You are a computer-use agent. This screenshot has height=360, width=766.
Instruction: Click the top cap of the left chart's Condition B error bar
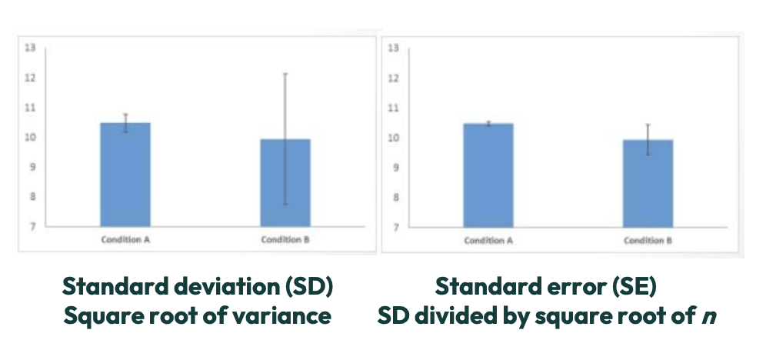(x=285, y=74)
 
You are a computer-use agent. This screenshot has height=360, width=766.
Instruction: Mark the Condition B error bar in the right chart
(x=648, y=139)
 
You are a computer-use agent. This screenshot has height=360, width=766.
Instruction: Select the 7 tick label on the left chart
(x=32, y=226)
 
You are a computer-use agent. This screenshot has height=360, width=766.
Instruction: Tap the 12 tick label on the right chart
(x=394, y=78)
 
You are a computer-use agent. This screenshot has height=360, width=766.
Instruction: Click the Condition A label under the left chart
(x=125, y=239)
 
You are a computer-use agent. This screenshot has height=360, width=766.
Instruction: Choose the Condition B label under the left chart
(x=285, y=239)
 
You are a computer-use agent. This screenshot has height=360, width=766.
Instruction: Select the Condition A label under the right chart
(x=488, y=240)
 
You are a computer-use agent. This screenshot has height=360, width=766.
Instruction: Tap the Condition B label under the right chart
(x=648, y=240)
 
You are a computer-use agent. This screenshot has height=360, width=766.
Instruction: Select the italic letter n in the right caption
(x=711, y=317)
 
